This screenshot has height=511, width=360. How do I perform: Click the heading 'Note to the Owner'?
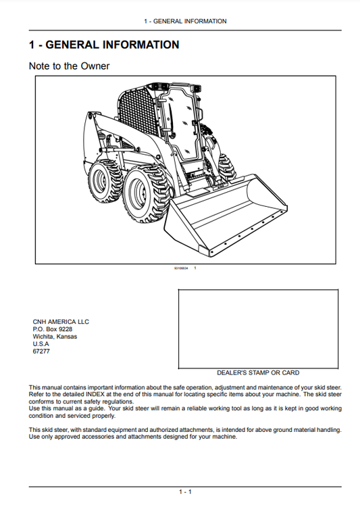point(69,66)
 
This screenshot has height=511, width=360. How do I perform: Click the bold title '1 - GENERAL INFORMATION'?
point(104,45)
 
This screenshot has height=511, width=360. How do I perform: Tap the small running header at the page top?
point(185,22)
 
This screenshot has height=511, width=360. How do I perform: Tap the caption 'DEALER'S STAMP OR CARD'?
point(258,372)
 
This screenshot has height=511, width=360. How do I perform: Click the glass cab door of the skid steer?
point(177,128)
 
